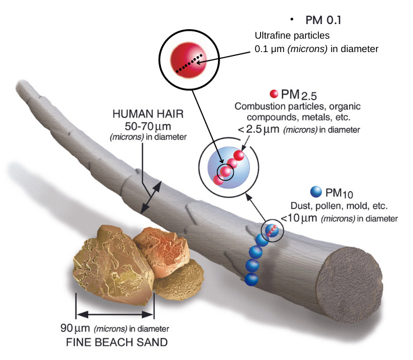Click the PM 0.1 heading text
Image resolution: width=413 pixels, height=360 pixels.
[x=323, y=20]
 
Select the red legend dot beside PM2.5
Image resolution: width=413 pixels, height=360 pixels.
[x=275, y=94]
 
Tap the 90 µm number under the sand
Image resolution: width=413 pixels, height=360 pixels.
[x=72, y=329]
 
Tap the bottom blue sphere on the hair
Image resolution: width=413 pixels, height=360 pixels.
[x=253, y=278]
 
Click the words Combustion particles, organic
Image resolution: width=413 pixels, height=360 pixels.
[x=298, y=106]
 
